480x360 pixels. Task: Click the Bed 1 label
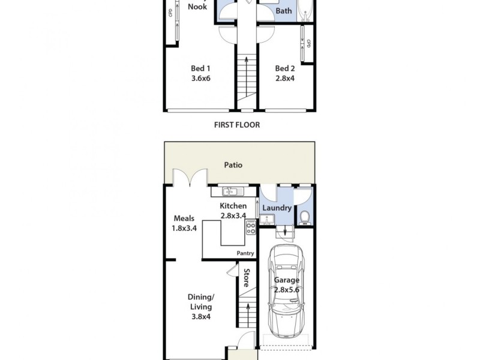(x=200, y=68)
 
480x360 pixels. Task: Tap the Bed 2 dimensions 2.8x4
(x=285, y=78)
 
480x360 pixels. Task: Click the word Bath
(x=283, y=11)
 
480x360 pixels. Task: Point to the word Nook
(x=197, y=7)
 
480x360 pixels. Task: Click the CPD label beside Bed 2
(x=308, y=44)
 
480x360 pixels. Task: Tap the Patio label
(x=233, y=164)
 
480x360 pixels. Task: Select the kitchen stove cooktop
(x=251, y=228)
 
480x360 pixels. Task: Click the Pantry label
(x=245, y=254)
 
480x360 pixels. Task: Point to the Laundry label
(x=277, y=208)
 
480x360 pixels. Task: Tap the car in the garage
(x=286, y=294)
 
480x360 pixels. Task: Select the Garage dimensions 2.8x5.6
(x=286, y=290)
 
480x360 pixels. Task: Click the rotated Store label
(x=246, y=277)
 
